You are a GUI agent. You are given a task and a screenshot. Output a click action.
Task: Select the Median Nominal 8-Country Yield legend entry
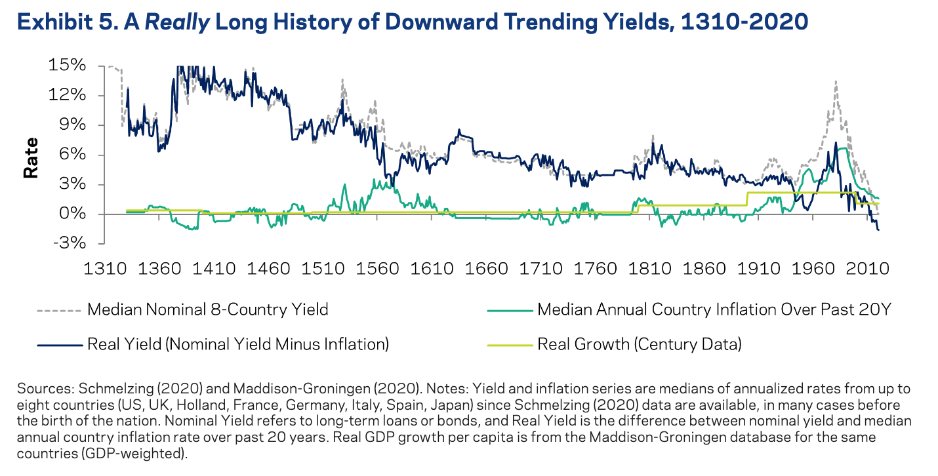(x=207, y=309)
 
